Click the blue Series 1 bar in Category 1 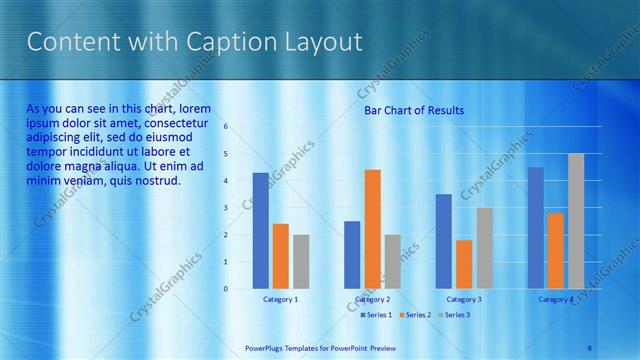pyautogui.click(x=260, y=231)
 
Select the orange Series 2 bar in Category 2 pyautogui.click(x=372, y=229)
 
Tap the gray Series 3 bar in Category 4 pyautogui.click(x=576, y=221)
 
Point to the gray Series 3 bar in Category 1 pyautogui.click(x=300, y=262)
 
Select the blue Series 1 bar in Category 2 pyautogui.click(x=352, y=255)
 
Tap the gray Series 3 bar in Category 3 pyautogui.click(x=484, y=248)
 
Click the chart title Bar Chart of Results pyautogui.click(x=413, y=110)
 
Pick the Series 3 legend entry pyautogui.click(x=454, y=315)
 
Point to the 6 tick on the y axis pyautogui.click(x=226, y=127)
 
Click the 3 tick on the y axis pyautogui.click(x=226, y=208)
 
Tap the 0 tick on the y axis pyautogui.click(x=226, y=289)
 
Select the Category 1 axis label pyautogui.click(x=280, y=299)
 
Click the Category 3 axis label pyautogui.click(x=464, y=299)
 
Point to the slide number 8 pyautogui.click(x=589, y=347)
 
